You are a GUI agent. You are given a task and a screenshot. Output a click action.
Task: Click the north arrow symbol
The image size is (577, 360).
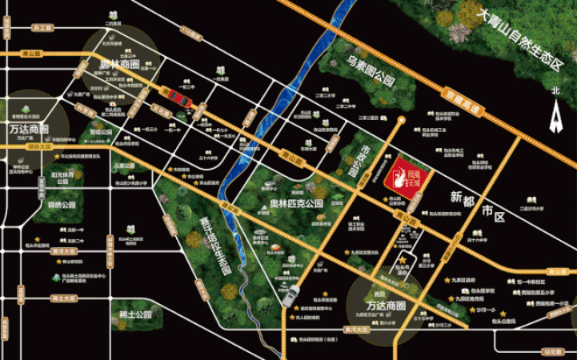click(x=555, y=119)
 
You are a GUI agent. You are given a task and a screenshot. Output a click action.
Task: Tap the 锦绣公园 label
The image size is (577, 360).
click(x=62, y=205)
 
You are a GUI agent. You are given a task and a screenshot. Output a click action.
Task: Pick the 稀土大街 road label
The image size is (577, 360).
click(x=62, y=298)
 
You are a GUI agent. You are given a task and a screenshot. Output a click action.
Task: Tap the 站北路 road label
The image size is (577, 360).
click(x=551, y=350)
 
